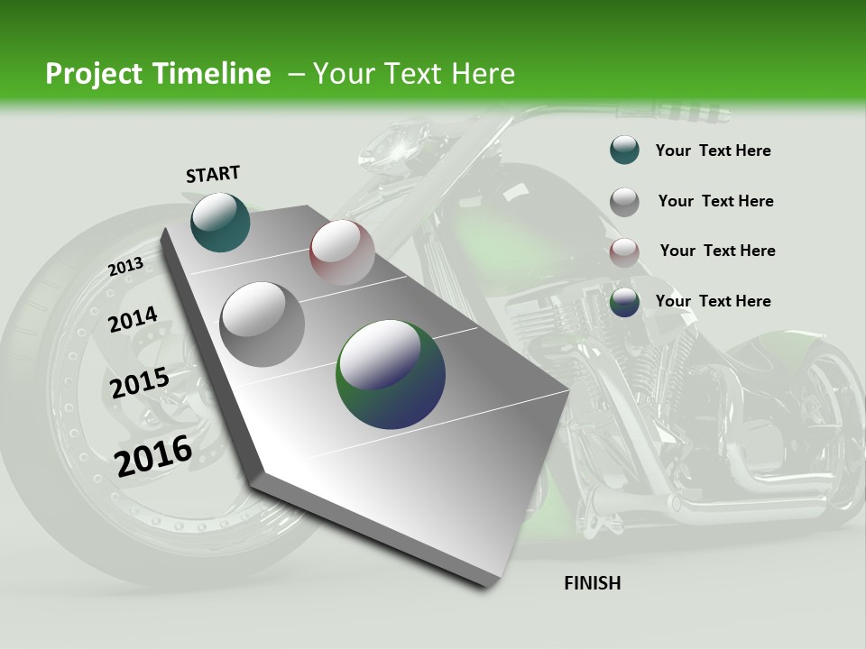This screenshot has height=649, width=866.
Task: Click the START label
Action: [213, 174]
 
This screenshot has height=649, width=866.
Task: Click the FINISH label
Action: [592, 583]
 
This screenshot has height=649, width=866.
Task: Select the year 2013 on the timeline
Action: [125, 267]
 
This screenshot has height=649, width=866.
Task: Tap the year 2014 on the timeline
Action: [133, 320]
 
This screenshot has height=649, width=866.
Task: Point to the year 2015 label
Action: [139, 383]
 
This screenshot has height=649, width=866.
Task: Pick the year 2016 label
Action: [153, 456]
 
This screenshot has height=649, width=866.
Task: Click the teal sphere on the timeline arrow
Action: [220, 222]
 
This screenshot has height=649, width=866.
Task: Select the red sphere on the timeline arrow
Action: [342, 251]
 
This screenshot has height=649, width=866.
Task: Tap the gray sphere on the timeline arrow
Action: [263, 324]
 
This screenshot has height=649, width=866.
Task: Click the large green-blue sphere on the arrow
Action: [391, 373]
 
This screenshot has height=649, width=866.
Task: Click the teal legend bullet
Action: [624, 151]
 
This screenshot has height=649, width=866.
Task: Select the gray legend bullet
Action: [624, 202]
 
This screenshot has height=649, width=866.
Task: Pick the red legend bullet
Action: [624, 252]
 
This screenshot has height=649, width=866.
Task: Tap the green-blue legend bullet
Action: [624, 302]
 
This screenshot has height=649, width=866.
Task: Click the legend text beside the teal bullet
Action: [713, 151]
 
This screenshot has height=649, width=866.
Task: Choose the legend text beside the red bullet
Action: [717, 251]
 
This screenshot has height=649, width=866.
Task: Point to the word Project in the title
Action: [92, 74]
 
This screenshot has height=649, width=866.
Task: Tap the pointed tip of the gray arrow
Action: [488, 585]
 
